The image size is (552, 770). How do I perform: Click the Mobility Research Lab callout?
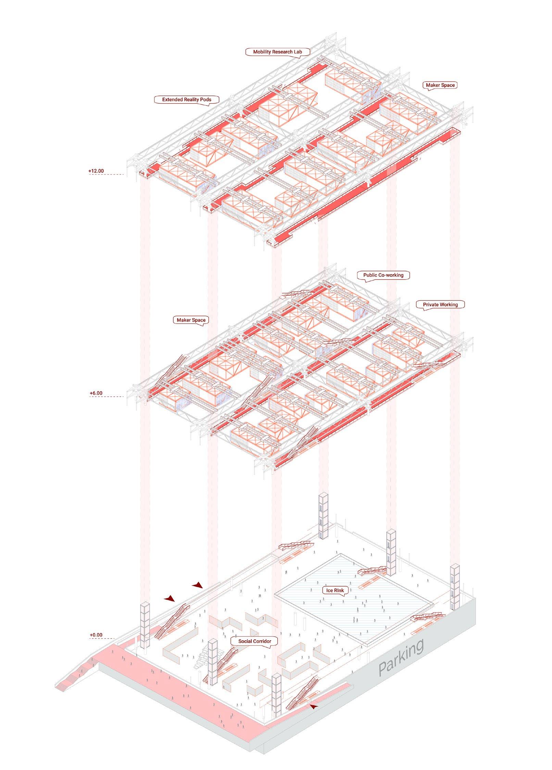tap(277, 52)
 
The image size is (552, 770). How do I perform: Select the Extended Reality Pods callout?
tap(187, 100)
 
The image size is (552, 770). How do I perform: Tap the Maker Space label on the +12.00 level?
tap(440, 85)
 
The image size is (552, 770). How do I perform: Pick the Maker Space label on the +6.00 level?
tap(191, 320)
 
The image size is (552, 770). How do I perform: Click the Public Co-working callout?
tap(383, 275)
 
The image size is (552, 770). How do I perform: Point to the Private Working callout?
tap(440, 305)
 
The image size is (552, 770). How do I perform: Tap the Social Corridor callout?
tap(254, 641)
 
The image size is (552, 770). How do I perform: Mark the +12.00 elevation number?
tap(96, 171)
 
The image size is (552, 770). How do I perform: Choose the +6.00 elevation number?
tap(96, 393)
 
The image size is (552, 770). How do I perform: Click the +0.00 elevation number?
tap(96, 635)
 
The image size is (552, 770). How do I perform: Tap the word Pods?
tap(205, 100)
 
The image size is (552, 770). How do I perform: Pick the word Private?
tap(431, 305)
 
